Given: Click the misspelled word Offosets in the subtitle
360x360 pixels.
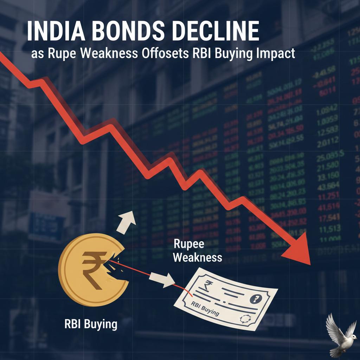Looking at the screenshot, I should click(x=163, y=55).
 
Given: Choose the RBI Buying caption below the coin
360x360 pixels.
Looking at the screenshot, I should click(x=91, y=324).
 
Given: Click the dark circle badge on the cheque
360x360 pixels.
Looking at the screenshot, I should click(x=254, y=299).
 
